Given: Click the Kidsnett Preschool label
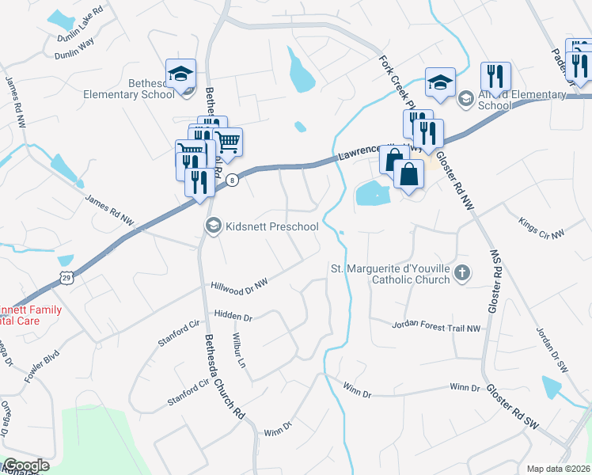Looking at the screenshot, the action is point(272,227).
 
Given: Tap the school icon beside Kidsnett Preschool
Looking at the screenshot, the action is point(213,227).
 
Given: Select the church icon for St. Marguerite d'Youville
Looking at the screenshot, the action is point(463,273).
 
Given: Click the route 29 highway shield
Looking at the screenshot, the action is point(67,276).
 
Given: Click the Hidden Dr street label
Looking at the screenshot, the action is point(232,317).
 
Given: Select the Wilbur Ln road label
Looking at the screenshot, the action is point(239,348).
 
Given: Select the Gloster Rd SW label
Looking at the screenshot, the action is point(512,408).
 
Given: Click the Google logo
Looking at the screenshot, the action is point(26,465).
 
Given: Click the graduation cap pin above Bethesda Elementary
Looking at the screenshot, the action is point(181,74).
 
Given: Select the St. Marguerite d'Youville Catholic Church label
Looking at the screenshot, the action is point(389,273).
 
